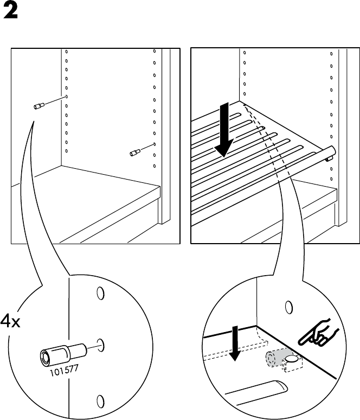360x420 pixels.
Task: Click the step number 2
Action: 11,11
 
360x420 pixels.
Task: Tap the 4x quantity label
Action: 10,321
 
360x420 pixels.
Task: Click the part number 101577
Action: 64,370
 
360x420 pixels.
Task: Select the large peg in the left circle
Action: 63,353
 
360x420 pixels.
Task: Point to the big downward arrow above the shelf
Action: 224,130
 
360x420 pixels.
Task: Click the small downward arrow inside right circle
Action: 235,343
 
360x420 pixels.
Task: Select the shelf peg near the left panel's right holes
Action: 135,152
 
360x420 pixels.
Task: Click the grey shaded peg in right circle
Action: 275,358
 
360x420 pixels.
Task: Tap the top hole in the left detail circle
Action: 100,294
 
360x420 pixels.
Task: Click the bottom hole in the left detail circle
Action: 100,401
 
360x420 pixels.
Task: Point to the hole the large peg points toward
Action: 100,345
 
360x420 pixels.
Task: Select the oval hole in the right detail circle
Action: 289,308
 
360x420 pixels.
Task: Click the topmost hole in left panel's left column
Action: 66,52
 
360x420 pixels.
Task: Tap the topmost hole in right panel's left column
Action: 245,53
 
